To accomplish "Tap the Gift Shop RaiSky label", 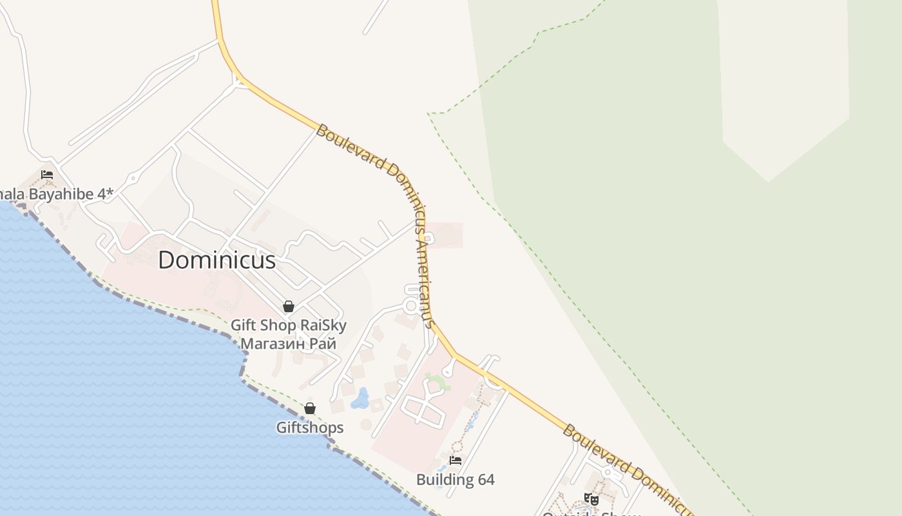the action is pyautogui.click(x=288, y=325).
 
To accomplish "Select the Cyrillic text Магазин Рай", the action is pyautogui.click(x=288, y=343).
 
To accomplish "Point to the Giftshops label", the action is pyautogui.click(x=310, y=428).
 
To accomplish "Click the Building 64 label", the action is pyautogui.click(x=455, y=480).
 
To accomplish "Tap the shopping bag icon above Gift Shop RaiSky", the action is pyautogui.click(x=289, y=306).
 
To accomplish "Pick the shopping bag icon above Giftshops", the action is pyautogui.click(x=310, y=408).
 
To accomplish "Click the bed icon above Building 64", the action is pyautogui.click(x=456, y=461).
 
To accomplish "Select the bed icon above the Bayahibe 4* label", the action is pyautogui.click(x=47, y=174).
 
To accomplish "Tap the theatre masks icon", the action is pyautogui.click(x=591, y=499).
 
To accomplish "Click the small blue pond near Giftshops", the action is pyautogui.click(x=360, y=399).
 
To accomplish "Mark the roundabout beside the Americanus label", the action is pyautogui.click(x=410, y=305).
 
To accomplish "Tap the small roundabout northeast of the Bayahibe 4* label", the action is pyautogui.click(x=133, y=177).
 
